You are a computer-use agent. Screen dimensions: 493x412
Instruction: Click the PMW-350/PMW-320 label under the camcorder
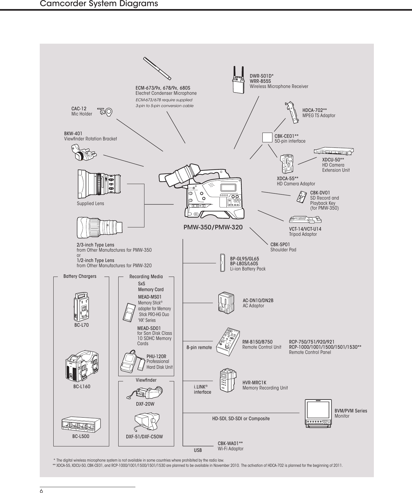point(213,227)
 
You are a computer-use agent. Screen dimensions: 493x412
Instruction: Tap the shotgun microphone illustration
point(157,68)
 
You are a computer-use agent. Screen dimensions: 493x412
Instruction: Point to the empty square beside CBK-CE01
point(267,137)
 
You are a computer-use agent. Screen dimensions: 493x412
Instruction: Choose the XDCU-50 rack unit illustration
point(334,151)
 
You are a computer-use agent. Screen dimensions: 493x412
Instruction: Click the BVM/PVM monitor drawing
point(318,413)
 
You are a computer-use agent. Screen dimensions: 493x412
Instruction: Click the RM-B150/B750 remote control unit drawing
point(228,342)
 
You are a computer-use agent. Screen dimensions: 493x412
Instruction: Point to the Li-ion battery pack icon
point(222,263)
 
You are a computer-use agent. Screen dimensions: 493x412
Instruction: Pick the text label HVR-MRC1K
point(254,383)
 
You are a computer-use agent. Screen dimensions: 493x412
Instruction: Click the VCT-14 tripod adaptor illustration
point(305,220)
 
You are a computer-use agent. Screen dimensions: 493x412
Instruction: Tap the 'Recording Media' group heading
point(146,277)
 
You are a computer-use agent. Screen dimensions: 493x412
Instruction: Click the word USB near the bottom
point(198,450)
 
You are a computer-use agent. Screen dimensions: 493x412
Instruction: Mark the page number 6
point(41,491)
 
